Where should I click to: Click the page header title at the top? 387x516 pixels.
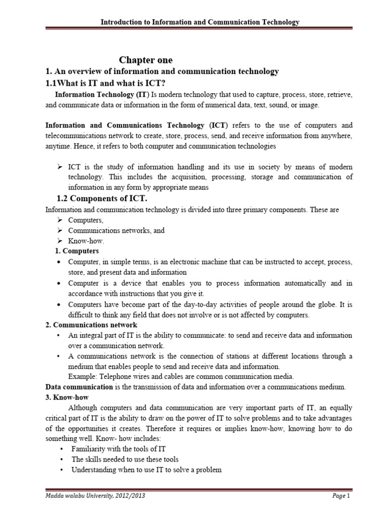(x=201, y=22)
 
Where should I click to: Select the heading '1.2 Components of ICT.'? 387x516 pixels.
(x=101, y=199)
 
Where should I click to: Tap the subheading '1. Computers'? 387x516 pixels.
(x=77, y=251)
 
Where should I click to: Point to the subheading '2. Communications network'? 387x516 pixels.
(x=91, y=325)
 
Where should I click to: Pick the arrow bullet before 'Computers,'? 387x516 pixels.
(x=59, y=220)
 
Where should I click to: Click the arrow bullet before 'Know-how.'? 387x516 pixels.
(x=59, y=241)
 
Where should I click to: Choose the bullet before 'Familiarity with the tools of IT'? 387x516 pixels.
(x=60, y=449)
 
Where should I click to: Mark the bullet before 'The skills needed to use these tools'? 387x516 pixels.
(x=60, y=459)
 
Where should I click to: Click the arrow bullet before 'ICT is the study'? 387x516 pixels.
(x=59, y=167)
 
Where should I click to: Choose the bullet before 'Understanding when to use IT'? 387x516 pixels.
(x=60, y=470)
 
